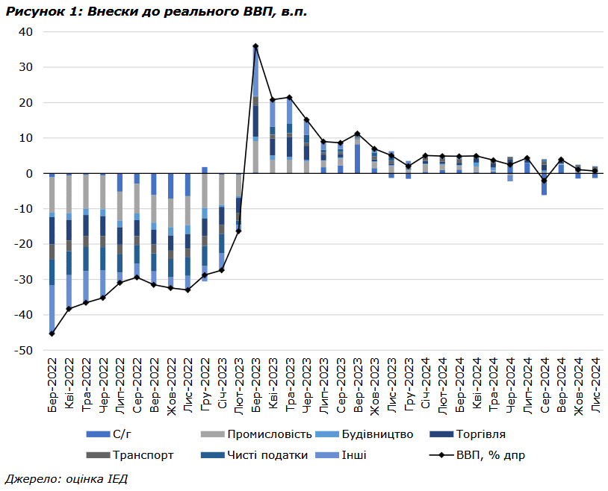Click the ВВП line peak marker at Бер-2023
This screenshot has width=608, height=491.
coord(255,46)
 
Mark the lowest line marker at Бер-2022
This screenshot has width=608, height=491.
coord(52,334)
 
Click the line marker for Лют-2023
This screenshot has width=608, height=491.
coord(238,231)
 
